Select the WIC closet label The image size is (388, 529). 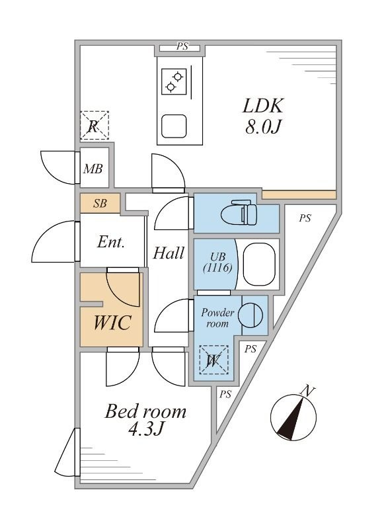pos(112,324)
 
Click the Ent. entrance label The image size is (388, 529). pos(111,242)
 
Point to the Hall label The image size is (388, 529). pos(169,252)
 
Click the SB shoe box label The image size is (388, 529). pos(100,204)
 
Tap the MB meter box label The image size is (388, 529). pos(93,169)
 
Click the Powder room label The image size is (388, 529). pos(215,318)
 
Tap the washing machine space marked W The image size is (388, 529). pos(214,360)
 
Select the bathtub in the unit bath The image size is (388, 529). pos(259,264)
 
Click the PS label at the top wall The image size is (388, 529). pos(182,47)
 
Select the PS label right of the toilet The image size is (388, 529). pos(305,219)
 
